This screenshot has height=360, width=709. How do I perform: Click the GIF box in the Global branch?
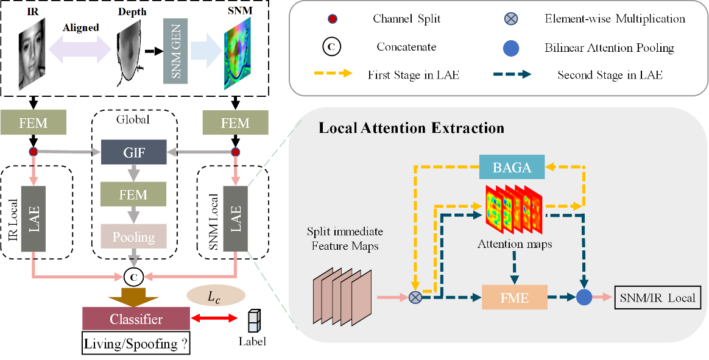pos(134,152)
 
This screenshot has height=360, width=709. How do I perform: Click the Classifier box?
pos(135,319)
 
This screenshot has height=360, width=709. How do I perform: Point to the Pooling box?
pos(134,237)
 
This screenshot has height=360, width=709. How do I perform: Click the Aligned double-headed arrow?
pos(80,47)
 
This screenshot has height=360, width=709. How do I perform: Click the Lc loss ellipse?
pos(216,297)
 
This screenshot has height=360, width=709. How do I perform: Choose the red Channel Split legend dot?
pos(330,18)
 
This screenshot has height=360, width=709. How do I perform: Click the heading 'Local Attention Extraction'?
pos(411,129)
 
